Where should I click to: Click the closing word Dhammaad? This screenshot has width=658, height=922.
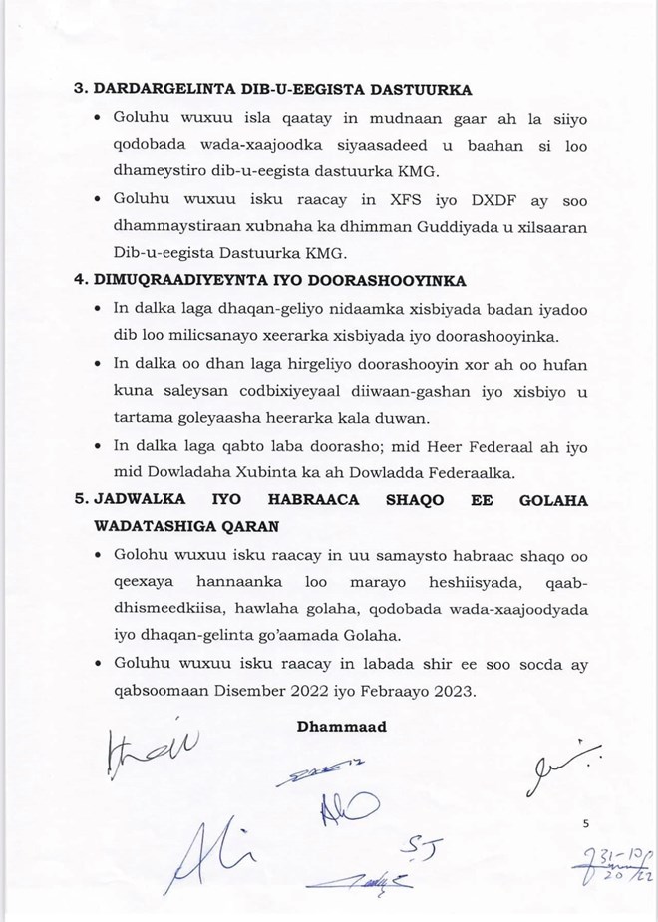pyautogui.click(x=342, y=727)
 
